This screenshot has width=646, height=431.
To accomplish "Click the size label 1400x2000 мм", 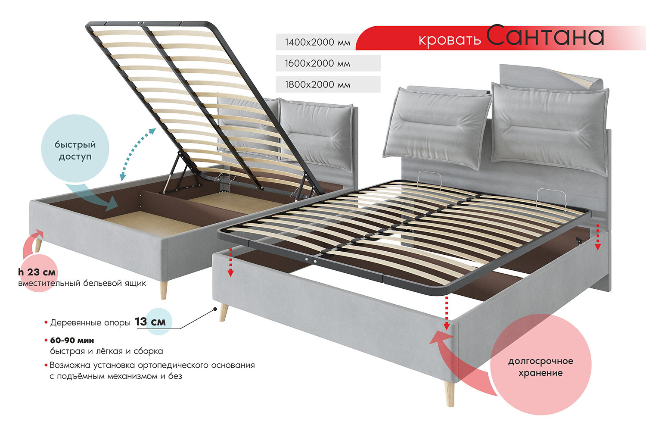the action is tap(317, 42).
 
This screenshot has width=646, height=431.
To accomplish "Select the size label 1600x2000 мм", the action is tap(317, 63).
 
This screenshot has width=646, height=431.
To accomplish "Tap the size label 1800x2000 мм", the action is tap(317, 84).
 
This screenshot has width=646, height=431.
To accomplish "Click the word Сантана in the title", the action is tap(546, 36).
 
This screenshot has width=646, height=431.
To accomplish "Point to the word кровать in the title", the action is tap(450, 40).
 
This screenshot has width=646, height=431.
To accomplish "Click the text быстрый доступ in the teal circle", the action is tap(75, 150).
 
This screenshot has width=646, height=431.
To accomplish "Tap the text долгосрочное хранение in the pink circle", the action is tap(540, 367).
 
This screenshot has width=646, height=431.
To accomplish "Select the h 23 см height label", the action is tap(37, 272).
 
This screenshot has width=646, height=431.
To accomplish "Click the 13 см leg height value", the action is tap(150, 322).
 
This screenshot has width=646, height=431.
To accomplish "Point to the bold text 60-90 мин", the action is tap(72, 340).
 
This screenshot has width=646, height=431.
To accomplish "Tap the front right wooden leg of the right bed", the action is tap(449, 393).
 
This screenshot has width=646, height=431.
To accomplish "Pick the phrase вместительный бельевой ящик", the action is tap(82, 283).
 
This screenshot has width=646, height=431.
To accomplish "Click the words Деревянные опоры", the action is tap(90, 322).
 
